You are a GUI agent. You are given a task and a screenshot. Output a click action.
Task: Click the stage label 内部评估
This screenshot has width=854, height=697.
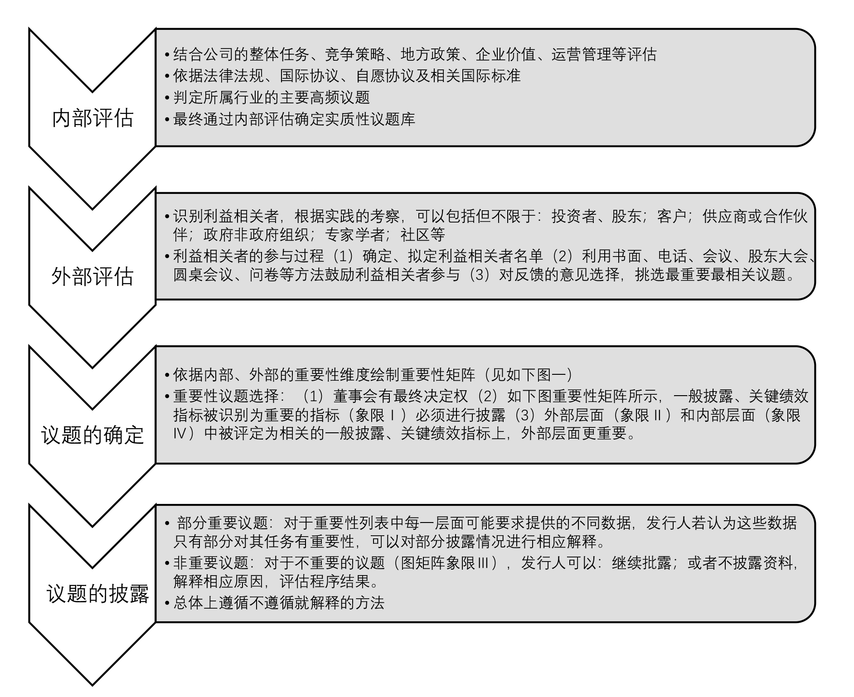click(x=92, y=118)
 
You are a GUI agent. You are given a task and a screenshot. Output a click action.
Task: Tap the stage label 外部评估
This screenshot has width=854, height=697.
click(x=92, y=276)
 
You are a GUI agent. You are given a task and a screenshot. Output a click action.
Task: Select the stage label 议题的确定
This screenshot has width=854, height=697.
click(x=92, y=435)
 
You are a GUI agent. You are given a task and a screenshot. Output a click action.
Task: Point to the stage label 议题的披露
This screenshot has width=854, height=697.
click(x=97, y=593)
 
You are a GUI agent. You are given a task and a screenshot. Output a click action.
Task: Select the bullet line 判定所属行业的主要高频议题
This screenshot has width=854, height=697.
click(x=272, y=97)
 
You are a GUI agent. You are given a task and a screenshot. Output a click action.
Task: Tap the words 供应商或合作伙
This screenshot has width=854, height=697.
click(x=755, y=216)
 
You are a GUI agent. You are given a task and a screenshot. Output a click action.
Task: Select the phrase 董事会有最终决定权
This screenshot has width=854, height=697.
click(x=400, y=396)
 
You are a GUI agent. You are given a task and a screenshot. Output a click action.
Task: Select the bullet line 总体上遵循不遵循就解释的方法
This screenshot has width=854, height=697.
click(x=279, y=603)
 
